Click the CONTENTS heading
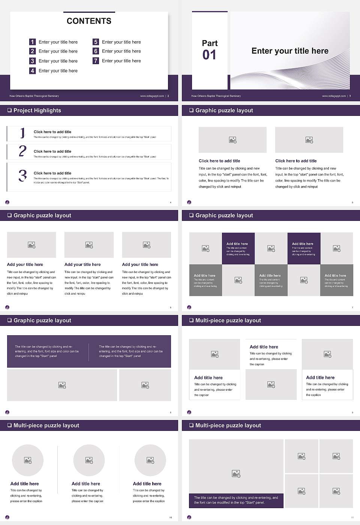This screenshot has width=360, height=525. pyautogui.click(x=89, y=21)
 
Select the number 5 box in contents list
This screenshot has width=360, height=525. pyautogui.click(x=96, y=42)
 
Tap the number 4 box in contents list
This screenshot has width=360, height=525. pyautogui.click(x=32, y=70)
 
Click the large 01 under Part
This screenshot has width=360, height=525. pyautogui.click(x=209, y=55)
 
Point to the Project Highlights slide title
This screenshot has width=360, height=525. pyautogui.click(x=37, y=111)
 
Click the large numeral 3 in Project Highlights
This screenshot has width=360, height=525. pyautogui.click(x=22, y=175)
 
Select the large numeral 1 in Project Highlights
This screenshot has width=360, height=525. pyautogui.click(x=22, y=133)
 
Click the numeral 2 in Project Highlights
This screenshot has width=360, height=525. pyautogui.click(x=22, y=151)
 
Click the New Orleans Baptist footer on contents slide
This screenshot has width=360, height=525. pyautogui.click(x=34, y=96)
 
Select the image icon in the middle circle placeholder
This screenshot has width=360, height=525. pyautogui.click(x=89, y=460)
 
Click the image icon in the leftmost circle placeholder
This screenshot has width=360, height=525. pyautogui.click(x=28, y=460)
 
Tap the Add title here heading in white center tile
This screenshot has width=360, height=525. pyautogui.click(x=264, y=347)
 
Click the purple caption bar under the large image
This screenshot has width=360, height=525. pyautogui.click(x=236, y=500)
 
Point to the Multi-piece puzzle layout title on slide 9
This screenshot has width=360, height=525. pyautogui.click(x=228, y=321)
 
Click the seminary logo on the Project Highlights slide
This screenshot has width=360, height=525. pyautogui.click(x=7, y=202)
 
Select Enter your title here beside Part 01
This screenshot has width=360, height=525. pyautogui.click(x=290, y=51)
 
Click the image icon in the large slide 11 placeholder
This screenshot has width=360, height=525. pyautogui.click(x=236, y=474)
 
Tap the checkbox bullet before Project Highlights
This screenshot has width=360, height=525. pyautogui.click(x=9, y=111)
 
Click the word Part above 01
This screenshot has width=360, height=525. pyautogui.click(x=210, y=43)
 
